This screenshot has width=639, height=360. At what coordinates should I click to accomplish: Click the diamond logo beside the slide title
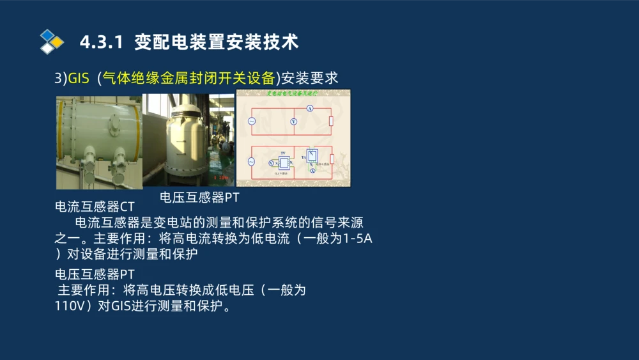52,42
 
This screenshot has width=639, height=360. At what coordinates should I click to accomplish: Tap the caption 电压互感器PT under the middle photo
199,198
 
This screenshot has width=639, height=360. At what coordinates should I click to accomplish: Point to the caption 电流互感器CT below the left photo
95,207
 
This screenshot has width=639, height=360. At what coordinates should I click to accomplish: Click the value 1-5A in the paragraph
358,239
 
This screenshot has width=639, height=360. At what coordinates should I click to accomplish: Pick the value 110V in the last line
73,306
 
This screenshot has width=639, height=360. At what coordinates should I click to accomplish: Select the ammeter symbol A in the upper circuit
309,109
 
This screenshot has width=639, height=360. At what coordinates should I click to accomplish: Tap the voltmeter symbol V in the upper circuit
293,121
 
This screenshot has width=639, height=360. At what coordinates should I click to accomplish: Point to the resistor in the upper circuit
331,121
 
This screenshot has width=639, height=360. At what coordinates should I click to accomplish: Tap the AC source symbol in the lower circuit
250,162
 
